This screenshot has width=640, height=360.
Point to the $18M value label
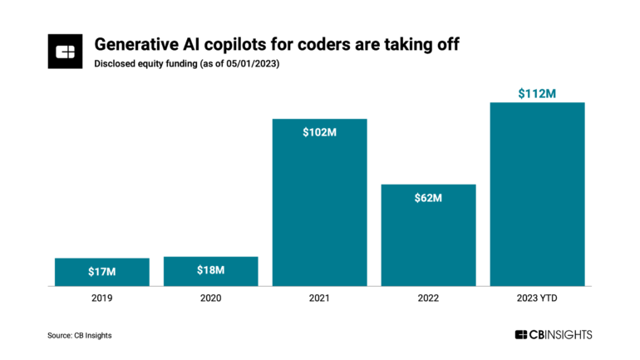(x=211, y=270)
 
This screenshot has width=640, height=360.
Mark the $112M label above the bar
(x=537, y=93)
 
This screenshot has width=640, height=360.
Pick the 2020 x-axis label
(x=211, y=298)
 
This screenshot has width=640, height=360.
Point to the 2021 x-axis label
(x=320, y=298)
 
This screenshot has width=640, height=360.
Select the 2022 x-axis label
(x=428, y=298)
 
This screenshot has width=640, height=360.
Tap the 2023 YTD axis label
(x=537, y=298)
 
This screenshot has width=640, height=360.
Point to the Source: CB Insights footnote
(x=79, y=335)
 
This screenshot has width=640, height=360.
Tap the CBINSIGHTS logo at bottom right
(x=553, y=334)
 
